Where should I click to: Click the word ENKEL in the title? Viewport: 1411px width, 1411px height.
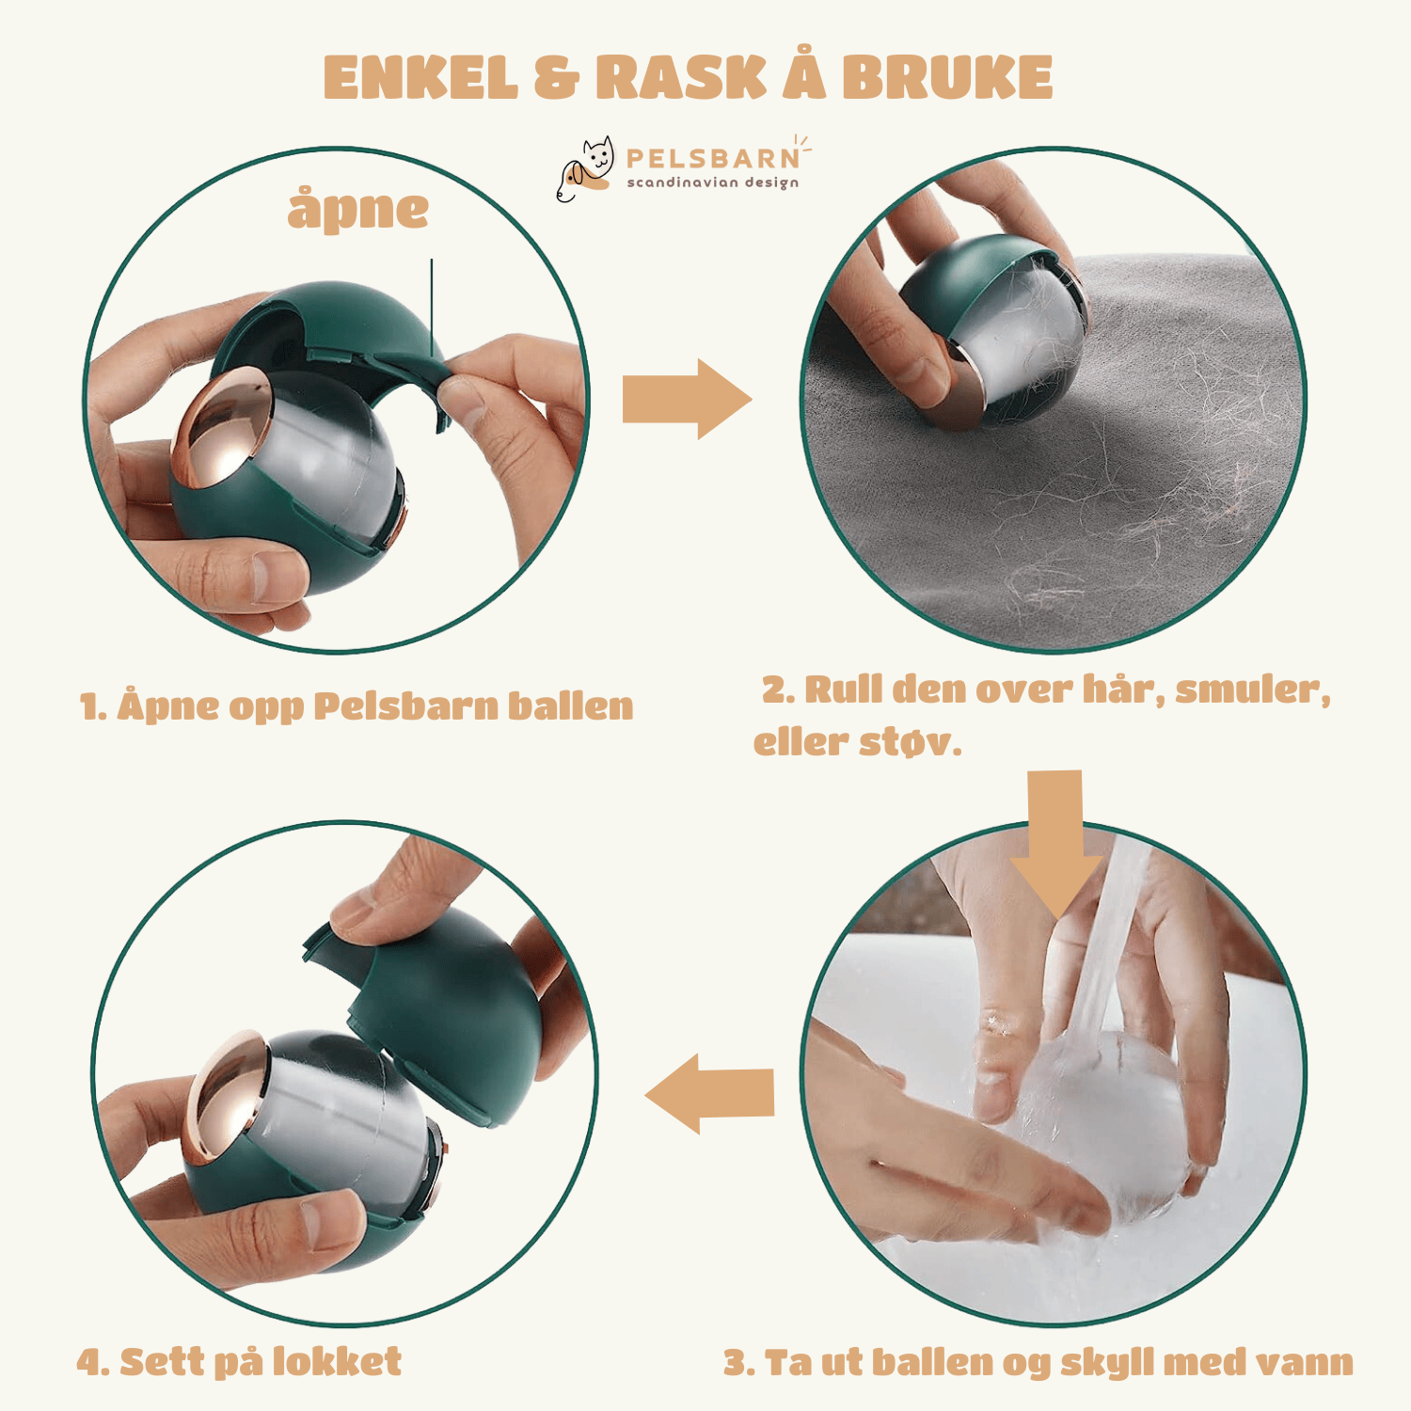(420, 77)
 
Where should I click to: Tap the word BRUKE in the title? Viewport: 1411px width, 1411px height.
(946, 77)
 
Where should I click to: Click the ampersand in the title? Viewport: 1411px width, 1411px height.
(557, 77)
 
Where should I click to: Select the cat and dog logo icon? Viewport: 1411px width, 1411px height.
(585, 168)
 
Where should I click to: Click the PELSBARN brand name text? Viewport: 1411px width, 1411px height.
(713, 158)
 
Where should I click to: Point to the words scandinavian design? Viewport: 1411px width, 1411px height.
(713, 182)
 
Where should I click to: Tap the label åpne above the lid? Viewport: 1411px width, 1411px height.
(357, 209)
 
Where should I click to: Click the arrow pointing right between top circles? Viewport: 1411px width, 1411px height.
(687, 399)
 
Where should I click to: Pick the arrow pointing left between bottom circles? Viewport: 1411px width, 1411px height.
(709, 1093)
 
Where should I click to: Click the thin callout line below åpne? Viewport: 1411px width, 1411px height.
(432, 307)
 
